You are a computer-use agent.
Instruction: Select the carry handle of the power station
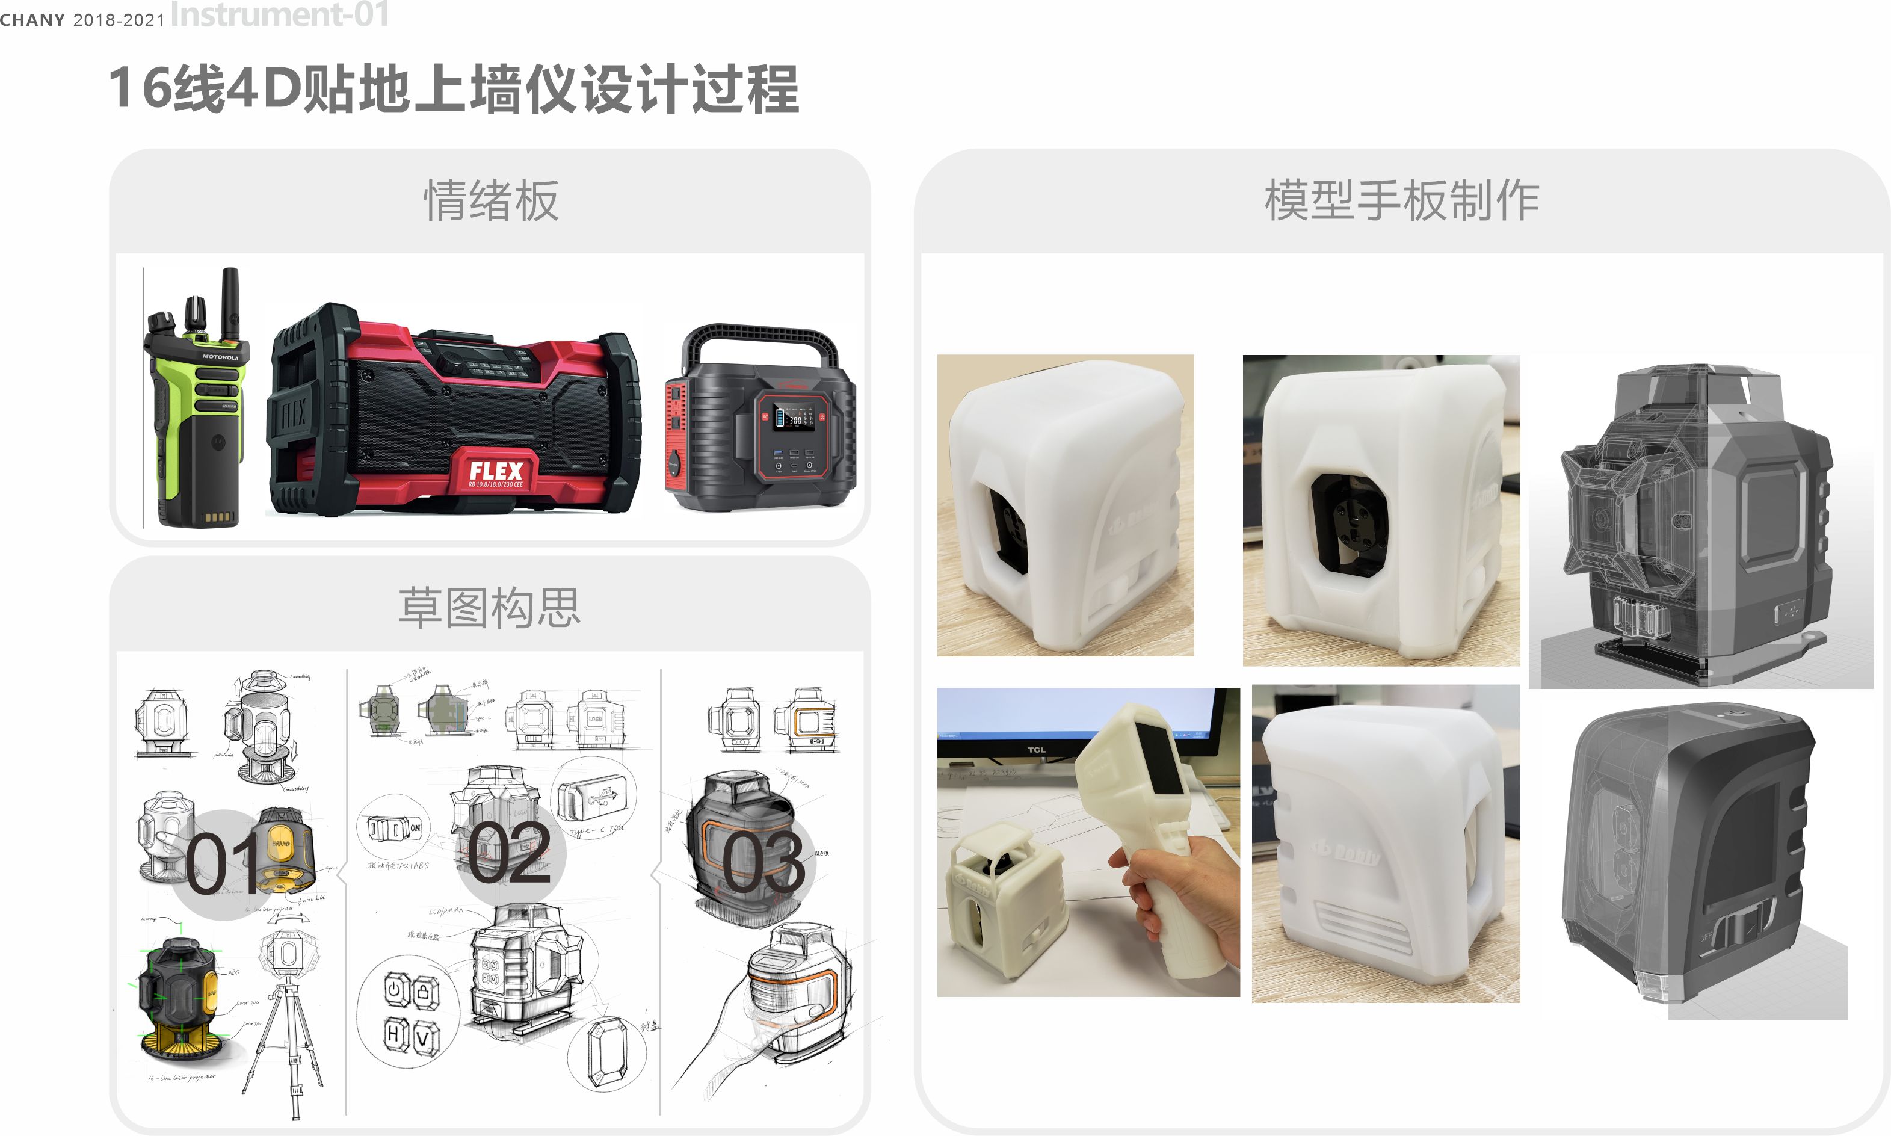pos(757,337)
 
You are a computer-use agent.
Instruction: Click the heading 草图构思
pos(490,608)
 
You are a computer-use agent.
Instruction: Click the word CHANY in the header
pos(32,20)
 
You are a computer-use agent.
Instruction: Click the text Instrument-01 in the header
pos(279,14)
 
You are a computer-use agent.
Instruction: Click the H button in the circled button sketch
pos(393,1034)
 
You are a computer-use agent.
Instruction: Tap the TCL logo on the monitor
pos(1035,750)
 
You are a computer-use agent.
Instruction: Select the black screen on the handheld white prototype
pos(1159,758)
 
